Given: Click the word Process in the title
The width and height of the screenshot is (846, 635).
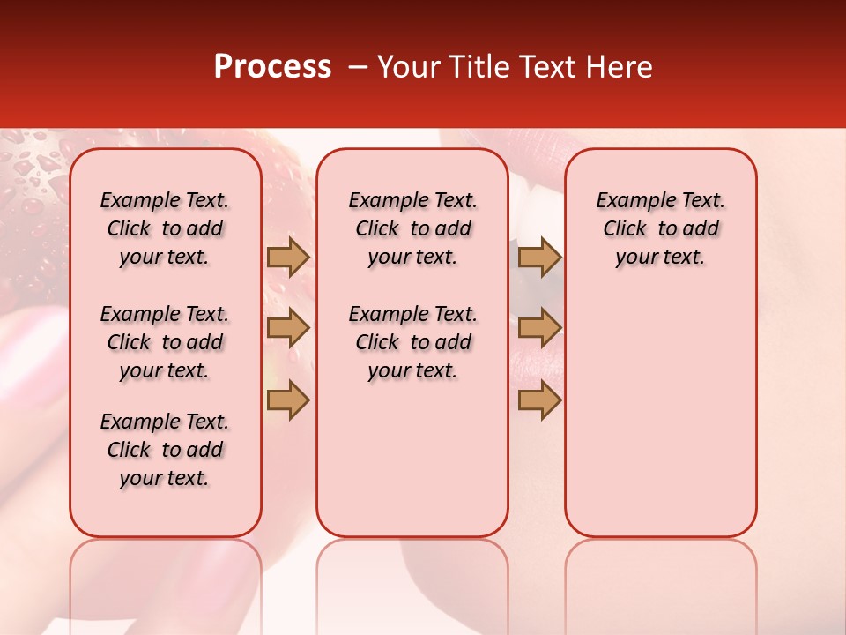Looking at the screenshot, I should pyautogui.click(x=271, y=67).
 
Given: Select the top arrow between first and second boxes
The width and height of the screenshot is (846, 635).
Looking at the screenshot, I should pyautogui.click(x=288, y=257).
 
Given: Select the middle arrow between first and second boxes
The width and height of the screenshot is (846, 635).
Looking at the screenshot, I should pyautogui.click(x=288, y=328).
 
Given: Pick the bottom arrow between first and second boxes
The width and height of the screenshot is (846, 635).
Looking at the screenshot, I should pyautogui.click(x=288, y=400).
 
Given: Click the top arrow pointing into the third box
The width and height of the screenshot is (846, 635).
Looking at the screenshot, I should pyautogui.click(x=539, y=257).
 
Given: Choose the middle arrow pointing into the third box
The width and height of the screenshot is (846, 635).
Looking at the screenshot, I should pyautogui.click(x=539, y=328).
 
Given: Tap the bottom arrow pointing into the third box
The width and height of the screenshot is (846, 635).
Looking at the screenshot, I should pyautogui.click(x=539, y=400).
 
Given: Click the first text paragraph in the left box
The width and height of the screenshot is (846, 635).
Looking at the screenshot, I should pyautogui.click(x=165, y=228).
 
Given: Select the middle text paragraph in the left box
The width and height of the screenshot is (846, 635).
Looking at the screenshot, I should pyautogui.click(x=165, y=342).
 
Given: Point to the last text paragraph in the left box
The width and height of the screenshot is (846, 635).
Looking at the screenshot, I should pyautogui.click(x=165, y=450).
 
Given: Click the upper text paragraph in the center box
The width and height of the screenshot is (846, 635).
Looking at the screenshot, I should pyautogui.click(x=412, y=228).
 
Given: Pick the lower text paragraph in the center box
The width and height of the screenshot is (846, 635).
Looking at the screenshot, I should pyautogui.click(x=412, y=342).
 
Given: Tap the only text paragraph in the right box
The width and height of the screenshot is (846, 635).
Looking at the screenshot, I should pyautogui.click(x=660, y=228).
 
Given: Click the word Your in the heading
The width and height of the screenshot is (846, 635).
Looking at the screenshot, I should pyautogui.click(x=404, y=67).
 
